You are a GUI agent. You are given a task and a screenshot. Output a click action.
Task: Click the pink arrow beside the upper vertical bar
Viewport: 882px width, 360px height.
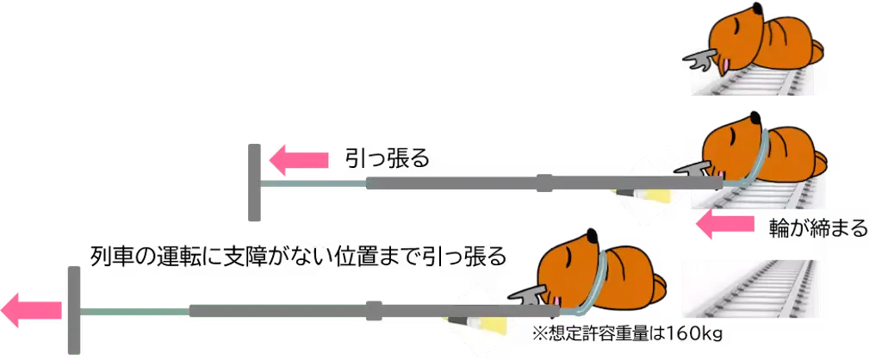coord(299,160)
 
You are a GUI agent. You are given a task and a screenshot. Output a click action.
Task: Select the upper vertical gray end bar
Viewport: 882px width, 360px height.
coord(255,183)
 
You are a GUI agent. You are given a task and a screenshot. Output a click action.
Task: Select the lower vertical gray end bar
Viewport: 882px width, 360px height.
coord(73,307)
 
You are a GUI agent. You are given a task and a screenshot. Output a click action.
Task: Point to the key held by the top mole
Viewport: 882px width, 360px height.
coord(699,59)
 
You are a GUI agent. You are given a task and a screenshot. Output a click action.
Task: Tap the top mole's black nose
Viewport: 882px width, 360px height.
coord(758,8)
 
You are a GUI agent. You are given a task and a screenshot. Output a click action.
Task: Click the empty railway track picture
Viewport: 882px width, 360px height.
coord(749,289)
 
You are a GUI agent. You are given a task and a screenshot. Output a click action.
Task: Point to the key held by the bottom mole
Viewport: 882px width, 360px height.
coord(526,296)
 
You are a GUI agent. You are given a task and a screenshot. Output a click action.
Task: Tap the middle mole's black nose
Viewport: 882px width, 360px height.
coord(756,115)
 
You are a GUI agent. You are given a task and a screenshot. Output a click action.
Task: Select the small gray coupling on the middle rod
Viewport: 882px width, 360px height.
coord(545,182)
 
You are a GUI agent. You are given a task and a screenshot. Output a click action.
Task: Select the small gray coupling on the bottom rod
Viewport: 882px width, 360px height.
coord(375,309)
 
